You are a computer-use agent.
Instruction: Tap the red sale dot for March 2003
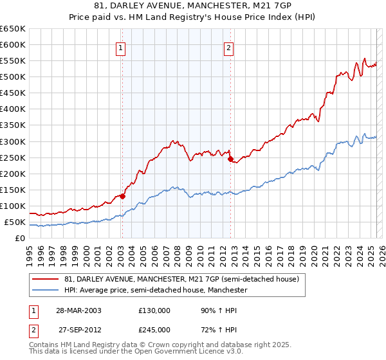click(122, 196)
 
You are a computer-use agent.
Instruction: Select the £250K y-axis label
click(13, 157)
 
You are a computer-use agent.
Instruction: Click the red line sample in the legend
click(46, 280)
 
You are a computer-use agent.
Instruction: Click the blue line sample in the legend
click(46, 291)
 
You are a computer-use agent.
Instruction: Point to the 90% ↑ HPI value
click(214, 310)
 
